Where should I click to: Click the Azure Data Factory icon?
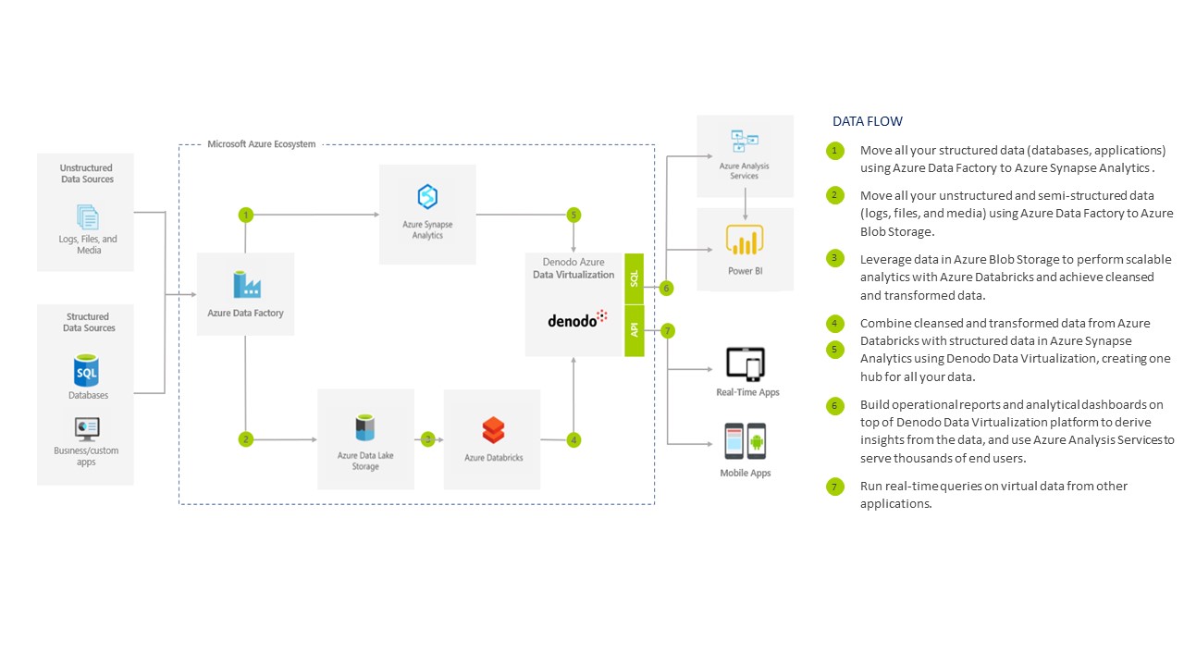coord(246,283)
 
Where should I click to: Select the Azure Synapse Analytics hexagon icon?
coord(427,197)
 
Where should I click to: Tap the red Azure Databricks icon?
coord(493,430)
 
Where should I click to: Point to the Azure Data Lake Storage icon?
coord(365,428)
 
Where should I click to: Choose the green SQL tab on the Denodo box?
coord(635,278)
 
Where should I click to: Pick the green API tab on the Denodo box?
coord(635,331)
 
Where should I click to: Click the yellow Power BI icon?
coord(745,240)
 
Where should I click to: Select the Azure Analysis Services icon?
coord(745,142)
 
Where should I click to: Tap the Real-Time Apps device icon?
coord(746,364)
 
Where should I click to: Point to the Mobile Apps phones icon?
coord(746,441)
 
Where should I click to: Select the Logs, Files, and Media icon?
coord(88,217)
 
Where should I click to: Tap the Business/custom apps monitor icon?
coord(87,428)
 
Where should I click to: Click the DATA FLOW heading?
coord(868,121)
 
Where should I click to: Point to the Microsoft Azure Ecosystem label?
coord(261,144)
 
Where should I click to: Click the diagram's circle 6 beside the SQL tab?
coord(667,289)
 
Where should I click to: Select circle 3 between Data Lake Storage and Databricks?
coord(428,440)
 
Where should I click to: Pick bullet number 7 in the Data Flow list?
coord(835,487)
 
